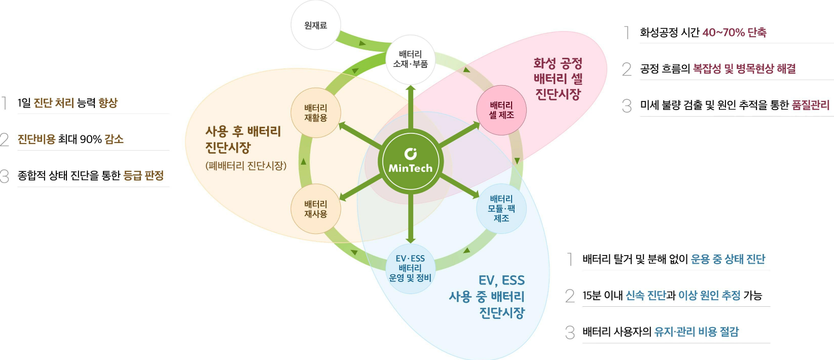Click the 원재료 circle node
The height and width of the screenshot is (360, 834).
coord(315,25)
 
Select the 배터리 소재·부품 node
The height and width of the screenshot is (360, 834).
coord(410,59)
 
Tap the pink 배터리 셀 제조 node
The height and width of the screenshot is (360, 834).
coord(501,111)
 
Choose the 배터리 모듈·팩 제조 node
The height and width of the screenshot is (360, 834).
coord(501,208)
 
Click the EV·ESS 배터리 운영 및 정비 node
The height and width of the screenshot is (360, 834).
coord(410,268)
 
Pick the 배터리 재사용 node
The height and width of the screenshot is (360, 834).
coord(315,209)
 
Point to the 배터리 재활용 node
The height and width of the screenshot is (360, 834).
coord(315,113)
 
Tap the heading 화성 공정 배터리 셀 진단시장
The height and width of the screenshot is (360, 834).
coord(558,79)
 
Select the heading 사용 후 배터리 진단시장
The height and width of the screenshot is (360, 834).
coord(243,139)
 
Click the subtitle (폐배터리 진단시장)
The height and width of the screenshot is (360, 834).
coord(246,166)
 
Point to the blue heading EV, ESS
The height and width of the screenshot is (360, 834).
coord(501,280)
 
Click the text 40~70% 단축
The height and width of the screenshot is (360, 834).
coord(734,32)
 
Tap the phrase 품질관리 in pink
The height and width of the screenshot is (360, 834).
coord(810,105)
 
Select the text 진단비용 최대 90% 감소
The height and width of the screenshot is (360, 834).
coord(70,139)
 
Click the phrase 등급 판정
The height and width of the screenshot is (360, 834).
coord(143,176)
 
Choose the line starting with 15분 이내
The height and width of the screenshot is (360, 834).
coord(672,296)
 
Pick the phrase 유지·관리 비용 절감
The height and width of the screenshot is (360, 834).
coord(696,332)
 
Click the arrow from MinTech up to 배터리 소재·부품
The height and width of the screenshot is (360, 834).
coord(411,109)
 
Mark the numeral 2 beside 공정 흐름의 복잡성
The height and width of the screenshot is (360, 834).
coord(627,69)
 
